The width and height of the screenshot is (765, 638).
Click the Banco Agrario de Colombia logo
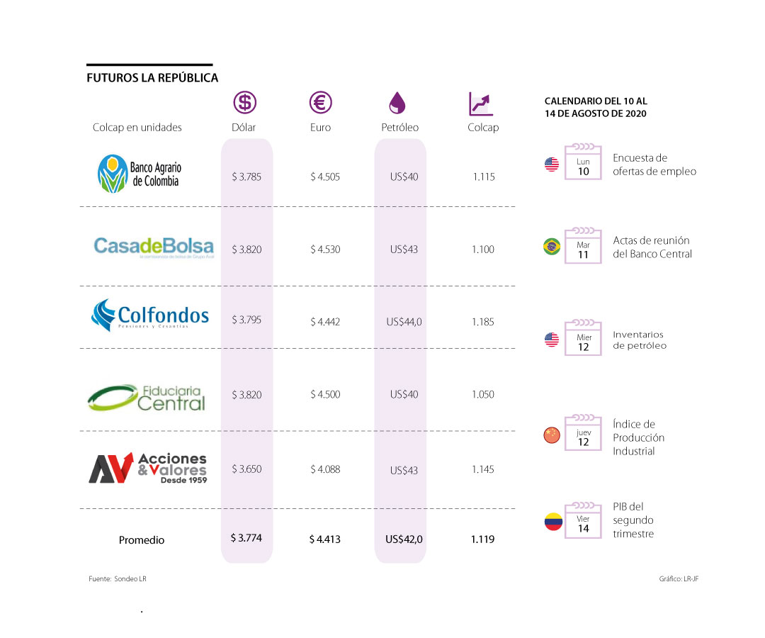pyautogui.click(x=140, y=174)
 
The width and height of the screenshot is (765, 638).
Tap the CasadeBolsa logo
pyautogui.click(x=154, y=247)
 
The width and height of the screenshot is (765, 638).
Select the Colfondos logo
pyautogui.click(x=150, y=315)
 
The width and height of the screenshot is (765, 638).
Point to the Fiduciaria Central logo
pyautogui.click(x=147, y=398)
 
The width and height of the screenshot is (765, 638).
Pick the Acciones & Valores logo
pyautogui.click(x=147, y=469)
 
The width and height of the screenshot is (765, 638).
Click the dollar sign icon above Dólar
pyautogui.click(x=245, y=103)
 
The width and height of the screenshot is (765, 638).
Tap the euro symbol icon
pyautogui.click(x=321, y=103)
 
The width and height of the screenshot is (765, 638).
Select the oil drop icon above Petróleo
pyautogui.click(x=397, y=103)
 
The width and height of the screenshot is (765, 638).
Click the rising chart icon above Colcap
pyautogui.click(x=481, y=103)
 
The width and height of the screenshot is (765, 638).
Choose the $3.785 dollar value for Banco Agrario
pyautogui.click(x=246, y=177)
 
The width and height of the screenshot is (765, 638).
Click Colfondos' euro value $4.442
pyautogui.click(x=325, y=322)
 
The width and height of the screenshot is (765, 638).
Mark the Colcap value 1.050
pyautogui.click(x=483, y=394)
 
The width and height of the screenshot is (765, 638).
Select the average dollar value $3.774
pyautogui.click(x=246, y=538)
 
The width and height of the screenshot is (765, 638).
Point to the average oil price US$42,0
pyautogui.click(x=404, y=539)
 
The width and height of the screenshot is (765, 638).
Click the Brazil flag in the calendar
pyautogui.click(x=552, y=247)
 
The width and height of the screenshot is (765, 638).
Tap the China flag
pyautogui.click(x=552, y=435)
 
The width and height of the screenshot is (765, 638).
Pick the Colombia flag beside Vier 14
pyautogui.click(x=553, y=522)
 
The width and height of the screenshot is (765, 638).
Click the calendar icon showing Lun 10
pyautogui.click(x=583, y=162)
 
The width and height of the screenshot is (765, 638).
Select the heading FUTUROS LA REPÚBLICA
pyautogui.click(x=152, y=78)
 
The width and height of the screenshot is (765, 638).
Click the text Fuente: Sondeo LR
pyautogui.click(x=118, y=579)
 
